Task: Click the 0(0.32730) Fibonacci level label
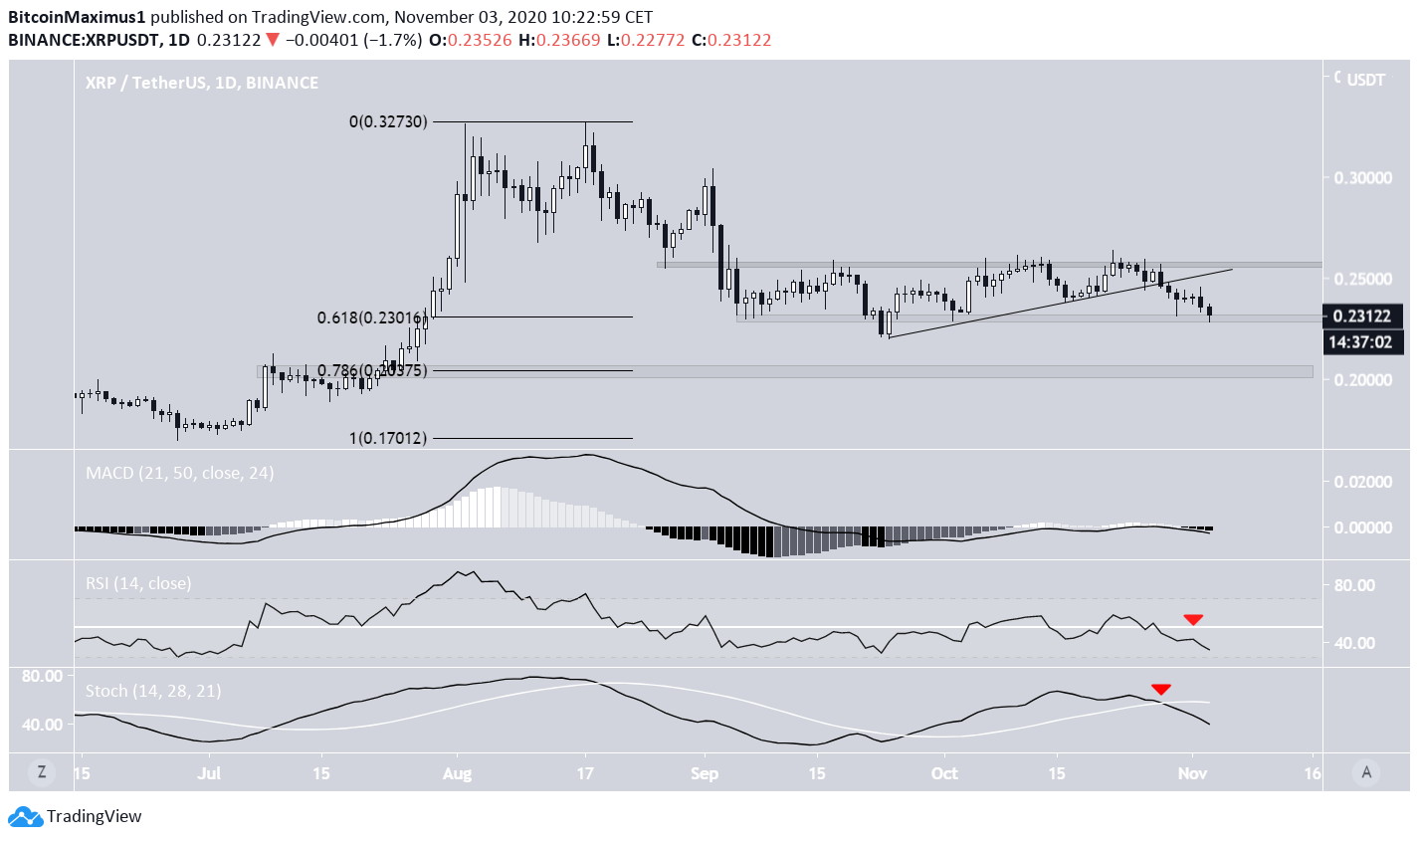coord(388,121)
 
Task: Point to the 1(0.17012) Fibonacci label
coord(387,438)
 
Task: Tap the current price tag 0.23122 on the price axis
coord(1362,316)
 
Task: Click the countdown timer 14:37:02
coord(1362,342)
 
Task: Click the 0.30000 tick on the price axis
coord(1362,177)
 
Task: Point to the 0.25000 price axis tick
coord(1362,279)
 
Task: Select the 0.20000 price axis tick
coord(1362,380)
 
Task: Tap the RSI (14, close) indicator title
coord(138,583)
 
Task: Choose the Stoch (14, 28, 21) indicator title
coord(153,691)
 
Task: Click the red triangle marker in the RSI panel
coord(1193,619)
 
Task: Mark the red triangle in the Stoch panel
coord(1161,689)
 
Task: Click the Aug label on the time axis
coord(457,772)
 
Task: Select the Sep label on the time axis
coord(704,772)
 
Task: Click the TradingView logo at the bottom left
coord(76,816)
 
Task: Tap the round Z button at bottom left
coord(42,771)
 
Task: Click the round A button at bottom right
coord(1367,771)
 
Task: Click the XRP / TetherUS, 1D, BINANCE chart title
coord(202,83)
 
